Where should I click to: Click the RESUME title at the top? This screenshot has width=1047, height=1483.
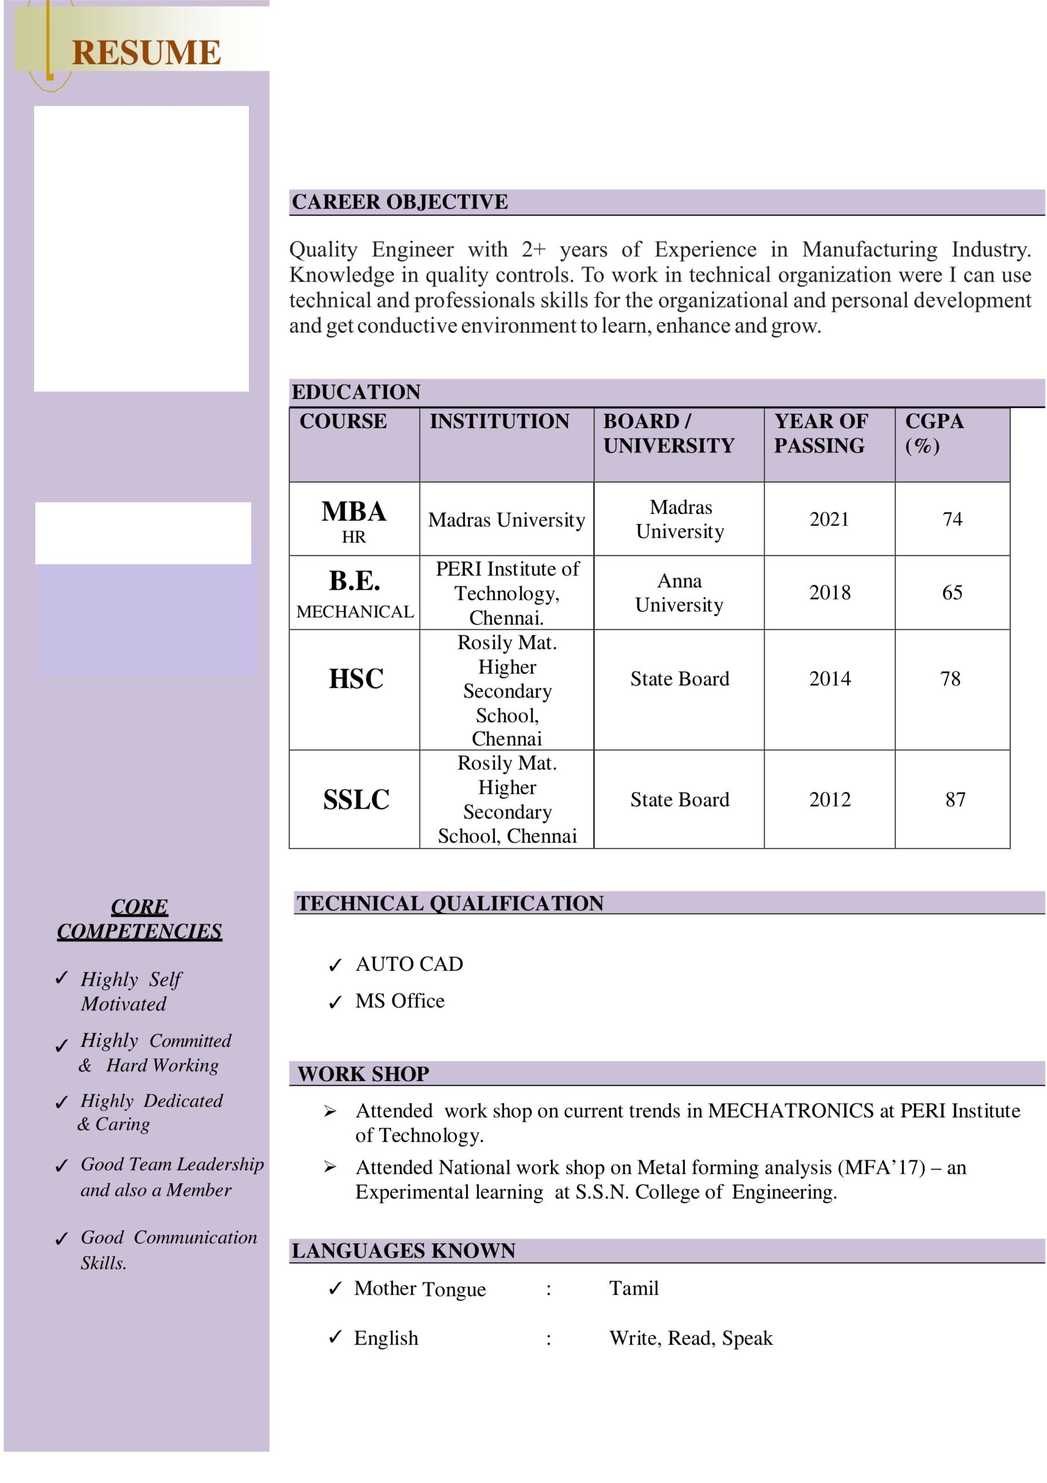146,52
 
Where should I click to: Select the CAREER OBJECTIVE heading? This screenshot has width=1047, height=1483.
399,202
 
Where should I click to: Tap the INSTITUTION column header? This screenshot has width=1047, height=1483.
499,421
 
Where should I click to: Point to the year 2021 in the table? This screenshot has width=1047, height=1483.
829,518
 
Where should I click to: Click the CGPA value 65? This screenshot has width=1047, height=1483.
952,592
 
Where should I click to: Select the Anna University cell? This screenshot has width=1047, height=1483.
679,592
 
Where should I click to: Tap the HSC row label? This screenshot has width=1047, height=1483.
356,678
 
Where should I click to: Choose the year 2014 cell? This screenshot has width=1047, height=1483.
829,678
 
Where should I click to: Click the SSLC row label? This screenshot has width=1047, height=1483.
356,799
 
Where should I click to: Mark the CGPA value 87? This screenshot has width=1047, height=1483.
955,799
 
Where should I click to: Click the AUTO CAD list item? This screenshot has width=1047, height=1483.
409,964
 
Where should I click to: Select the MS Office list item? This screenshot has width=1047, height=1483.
399,1000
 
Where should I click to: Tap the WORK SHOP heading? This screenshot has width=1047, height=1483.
363,1073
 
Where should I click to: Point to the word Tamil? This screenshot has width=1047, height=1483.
633,1288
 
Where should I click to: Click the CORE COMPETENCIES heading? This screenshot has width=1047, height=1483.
139,919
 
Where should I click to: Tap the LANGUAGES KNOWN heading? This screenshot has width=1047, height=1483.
403,1251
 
